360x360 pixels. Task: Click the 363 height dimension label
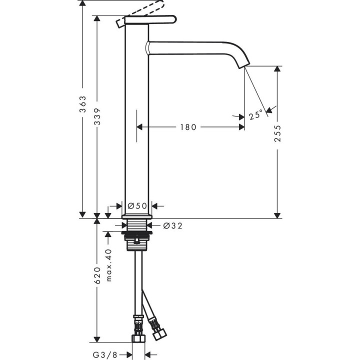click(x=83, y=104)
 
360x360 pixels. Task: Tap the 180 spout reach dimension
click(x=188, y=127)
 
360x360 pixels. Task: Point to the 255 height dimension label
click(x=278, y=134)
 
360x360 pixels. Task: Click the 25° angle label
click(x=255, y=115)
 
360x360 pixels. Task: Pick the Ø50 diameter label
click(x=136, y=205)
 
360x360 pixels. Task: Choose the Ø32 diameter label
click(x=172, y=225)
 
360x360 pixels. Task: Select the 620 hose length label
click(x=97, y=275)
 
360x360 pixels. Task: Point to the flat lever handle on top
click(x=150, y=19)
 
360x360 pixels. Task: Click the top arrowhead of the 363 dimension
click(x=83, y=4)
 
